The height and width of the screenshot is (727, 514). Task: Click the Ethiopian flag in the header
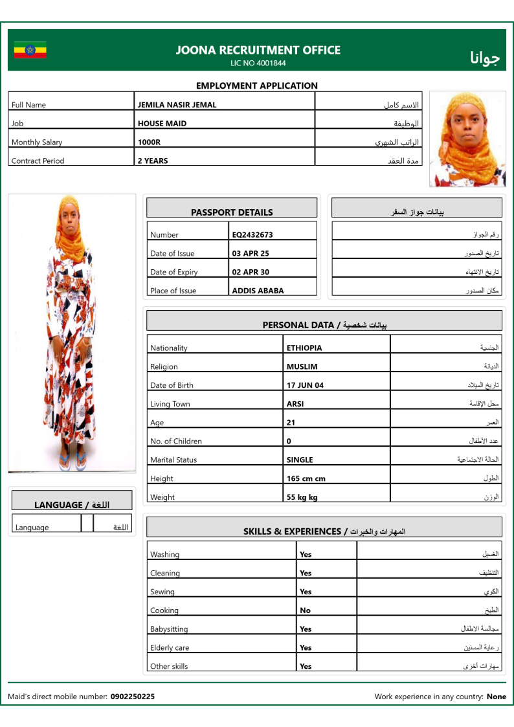click(x=30, y=50)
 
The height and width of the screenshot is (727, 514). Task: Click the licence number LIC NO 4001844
click(x=258, y=63)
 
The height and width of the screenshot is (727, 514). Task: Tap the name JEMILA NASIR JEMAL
click(x=177, y=105)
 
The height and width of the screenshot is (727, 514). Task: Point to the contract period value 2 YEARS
click(x=152, y=161)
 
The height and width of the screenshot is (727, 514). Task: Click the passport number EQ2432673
click(x=252, y=235)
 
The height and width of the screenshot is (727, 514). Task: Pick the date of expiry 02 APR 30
click(x=251, y=273)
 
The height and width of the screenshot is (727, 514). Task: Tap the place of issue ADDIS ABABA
click(x=258, y=291)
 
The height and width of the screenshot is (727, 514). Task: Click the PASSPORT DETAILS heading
click(x=232, y=212)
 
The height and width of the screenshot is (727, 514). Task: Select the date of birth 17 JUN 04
click(x=305, y=385)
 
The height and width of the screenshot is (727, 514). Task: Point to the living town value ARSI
click(x=295, y=404)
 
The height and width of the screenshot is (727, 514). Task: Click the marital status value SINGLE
click(x=300, y=460)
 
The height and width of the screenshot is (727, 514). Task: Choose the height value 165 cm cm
click(x=306, y=479)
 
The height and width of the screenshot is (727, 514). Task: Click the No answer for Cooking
click(x=305, y=610)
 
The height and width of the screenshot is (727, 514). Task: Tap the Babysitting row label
click(x=169, y=629)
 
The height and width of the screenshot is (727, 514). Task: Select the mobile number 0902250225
click(x=133, y=697)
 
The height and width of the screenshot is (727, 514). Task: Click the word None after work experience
click(x=497, y=697)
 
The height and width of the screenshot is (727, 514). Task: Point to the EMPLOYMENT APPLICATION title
click(x=257, y=85)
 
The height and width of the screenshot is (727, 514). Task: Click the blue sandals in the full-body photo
click(x=72, y=462)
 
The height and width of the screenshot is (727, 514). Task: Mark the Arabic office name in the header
click(x=485, y=58)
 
